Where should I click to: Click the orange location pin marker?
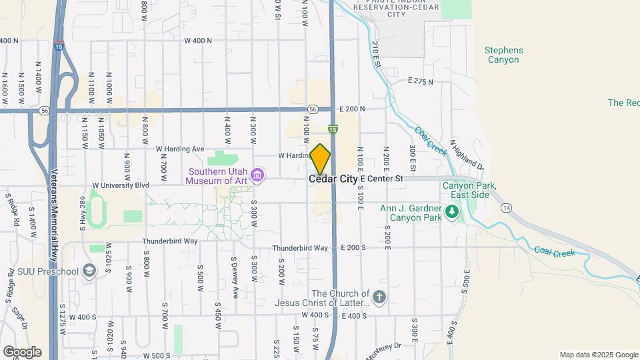tap(321, 159)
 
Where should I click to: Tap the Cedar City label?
tap(333, 179)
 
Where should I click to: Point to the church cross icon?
tap(379, 297)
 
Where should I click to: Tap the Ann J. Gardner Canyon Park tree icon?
tap(453, 212)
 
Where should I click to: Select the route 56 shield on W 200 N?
tap(313, 109)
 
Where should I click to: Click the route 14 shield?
tap(506, 208)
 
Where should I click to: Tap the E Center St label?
tap(382, 179)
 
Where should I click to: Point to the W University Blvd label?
tap(120, 185)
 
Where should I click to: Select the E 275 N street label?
tap(420, 81)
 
